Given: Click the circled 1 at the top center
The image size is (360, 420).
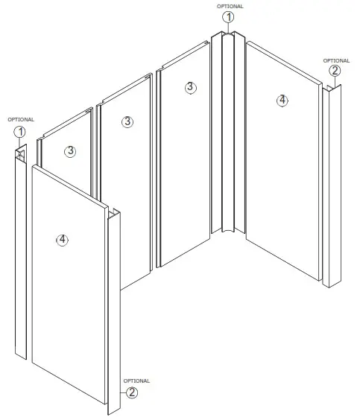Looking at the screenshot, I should [229, 16].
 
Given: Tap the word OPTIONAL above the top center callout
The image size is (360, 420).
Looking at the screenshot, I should [229, 6].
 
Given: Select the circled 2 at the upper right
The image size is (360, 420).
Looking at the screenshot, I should [335, 71].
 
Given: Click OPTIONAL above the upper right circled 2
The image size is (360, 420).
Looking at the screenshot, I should [335, 61].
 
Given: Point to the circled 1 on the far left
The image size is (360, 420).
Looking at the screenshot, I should [20, 131].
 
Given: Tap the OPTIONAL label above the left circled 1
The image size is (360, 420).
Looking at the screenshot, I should [20, 119].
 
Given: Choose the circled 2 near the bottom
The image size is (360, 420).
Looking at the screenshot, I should [131, 392].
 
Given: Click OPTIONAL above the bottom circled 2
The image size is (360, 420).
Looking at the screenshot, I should [136, 381].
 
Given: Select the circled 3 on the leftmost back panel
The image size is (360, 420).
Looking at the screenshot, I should [70, 151].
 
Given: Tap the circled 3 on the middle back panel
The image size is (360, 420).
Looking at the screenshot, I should [127, 121].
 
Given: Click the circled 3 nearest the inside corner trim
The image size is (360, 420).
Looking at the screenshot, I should [190, 87].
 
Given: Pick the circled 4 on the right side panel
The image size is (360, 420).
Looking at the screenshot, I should [281, 101].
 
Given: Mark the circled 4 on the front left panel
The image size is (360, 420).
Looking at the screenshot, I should [63, 239].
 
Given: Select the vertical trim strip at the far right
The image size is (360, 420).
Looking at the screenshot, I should [330, 186].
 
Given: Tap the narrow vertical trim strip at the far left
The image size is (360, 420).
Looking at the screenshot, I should [20, 253].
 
